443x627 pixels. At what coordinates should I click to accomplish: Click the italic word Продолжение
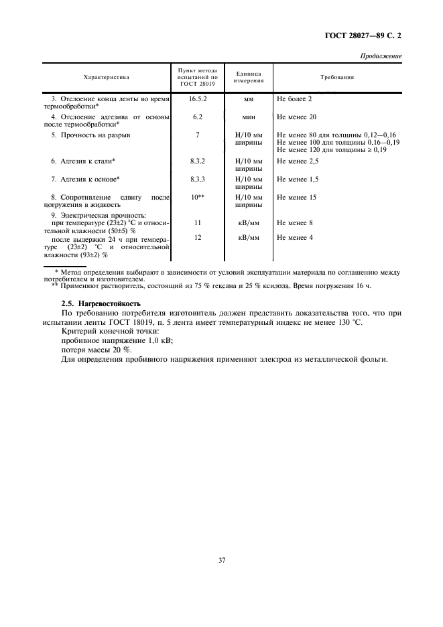click(381, 56)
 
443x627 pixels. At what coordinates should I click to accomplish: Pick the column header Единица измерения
click(247, 78)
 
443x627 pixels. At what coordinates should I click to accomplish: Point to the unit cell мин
click(247, 117)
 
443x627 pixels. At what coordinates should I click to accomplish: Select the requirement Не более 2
click(294, 98)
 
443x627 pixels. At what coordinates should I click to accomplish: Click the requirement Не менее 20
click(296, 117)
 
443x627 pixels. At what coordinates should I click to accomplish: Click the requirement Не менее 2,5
click(297, 161)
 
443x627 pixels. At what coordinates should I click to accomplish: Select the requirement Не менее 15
click(296, 198)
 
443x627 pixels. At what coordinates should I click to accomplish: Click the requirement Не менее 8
click(294, 222)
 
